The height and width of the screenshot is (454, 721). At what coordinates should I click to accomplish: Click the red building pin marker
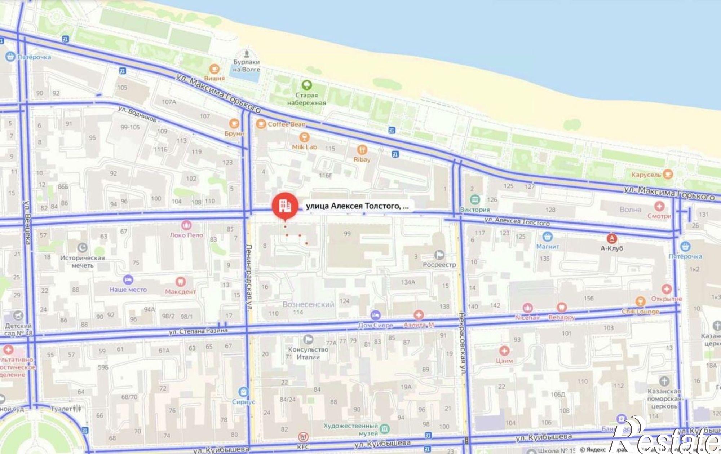(x=285, y=206)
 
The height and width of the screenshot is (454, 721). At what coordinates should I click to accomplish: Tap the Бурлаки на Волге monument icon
(x=247, y=54)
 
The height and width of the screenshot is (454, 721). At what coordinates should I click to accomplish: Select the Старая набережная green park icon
(x=307, y=85)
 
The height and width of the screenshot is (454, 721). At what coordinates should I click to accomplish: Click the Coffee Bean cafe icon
(x=261, y=124)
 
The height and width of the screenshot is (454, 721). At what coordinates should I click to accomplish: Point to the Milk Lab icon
(x=305, y=137)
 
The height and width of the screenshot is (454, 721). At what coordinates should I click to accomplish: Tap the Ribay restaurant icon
(x=362, y=150)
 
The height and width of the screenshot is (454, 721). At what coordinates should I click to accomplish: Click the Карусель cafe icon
(x=668, y=174)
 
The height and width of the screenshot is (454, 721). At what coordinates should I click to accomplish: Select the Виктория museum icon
(x=475, y=199)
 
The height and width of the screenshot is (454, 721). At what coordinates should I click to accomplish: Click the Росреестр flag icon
(x=439, y=255)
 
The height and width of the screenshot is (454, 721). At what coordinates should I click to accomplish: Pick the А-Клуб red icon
(x=612, y=238)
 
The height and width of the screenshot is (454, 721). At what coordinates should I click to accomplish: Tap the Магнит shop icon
(x=548, y=237)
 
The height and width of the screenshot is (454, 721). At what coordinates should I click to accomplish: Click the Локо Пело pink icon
(x=186, y=225)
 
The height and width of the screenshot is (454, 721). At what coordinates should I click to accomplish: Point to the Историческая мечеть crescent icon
(x=83, y=248)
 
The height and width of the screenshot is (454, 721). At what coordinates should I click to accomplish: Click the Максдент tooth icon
(x=180, y=282)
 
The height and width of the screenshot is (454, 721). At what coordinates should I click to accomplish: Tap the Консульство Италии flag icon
(x=308, y=339)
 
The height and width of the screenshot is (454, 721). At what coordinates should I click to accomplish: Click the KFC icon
(x=303, y=437)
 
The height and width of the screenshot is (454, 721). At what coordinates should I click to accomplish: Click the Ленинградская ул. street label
(x=249, y=274)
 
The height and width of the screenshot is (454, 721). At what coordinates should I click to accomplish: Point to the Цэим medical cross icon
(x=504, y=351)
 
